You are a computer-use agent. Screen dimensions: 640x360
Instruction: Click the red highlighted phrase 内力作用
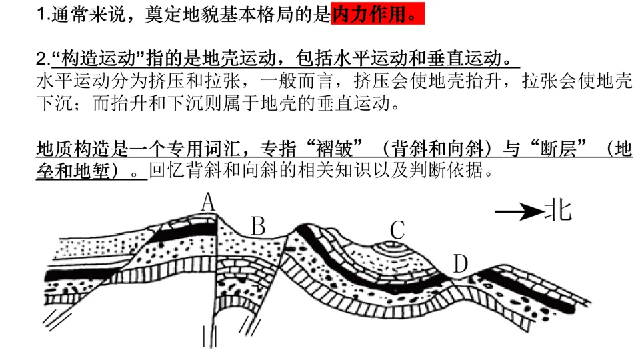click(377, 15)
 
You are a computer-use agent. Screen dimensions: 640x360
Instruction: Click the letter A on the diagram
click(209, 202)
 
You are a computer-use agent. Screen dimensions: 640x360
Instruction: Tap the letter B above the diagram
click(258, 227)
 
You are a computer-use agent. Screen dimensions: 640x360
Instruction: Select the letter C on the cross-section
click(397, 230)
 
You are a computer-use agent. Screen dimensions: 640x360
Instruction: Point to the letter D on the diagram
click(460, 265)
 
